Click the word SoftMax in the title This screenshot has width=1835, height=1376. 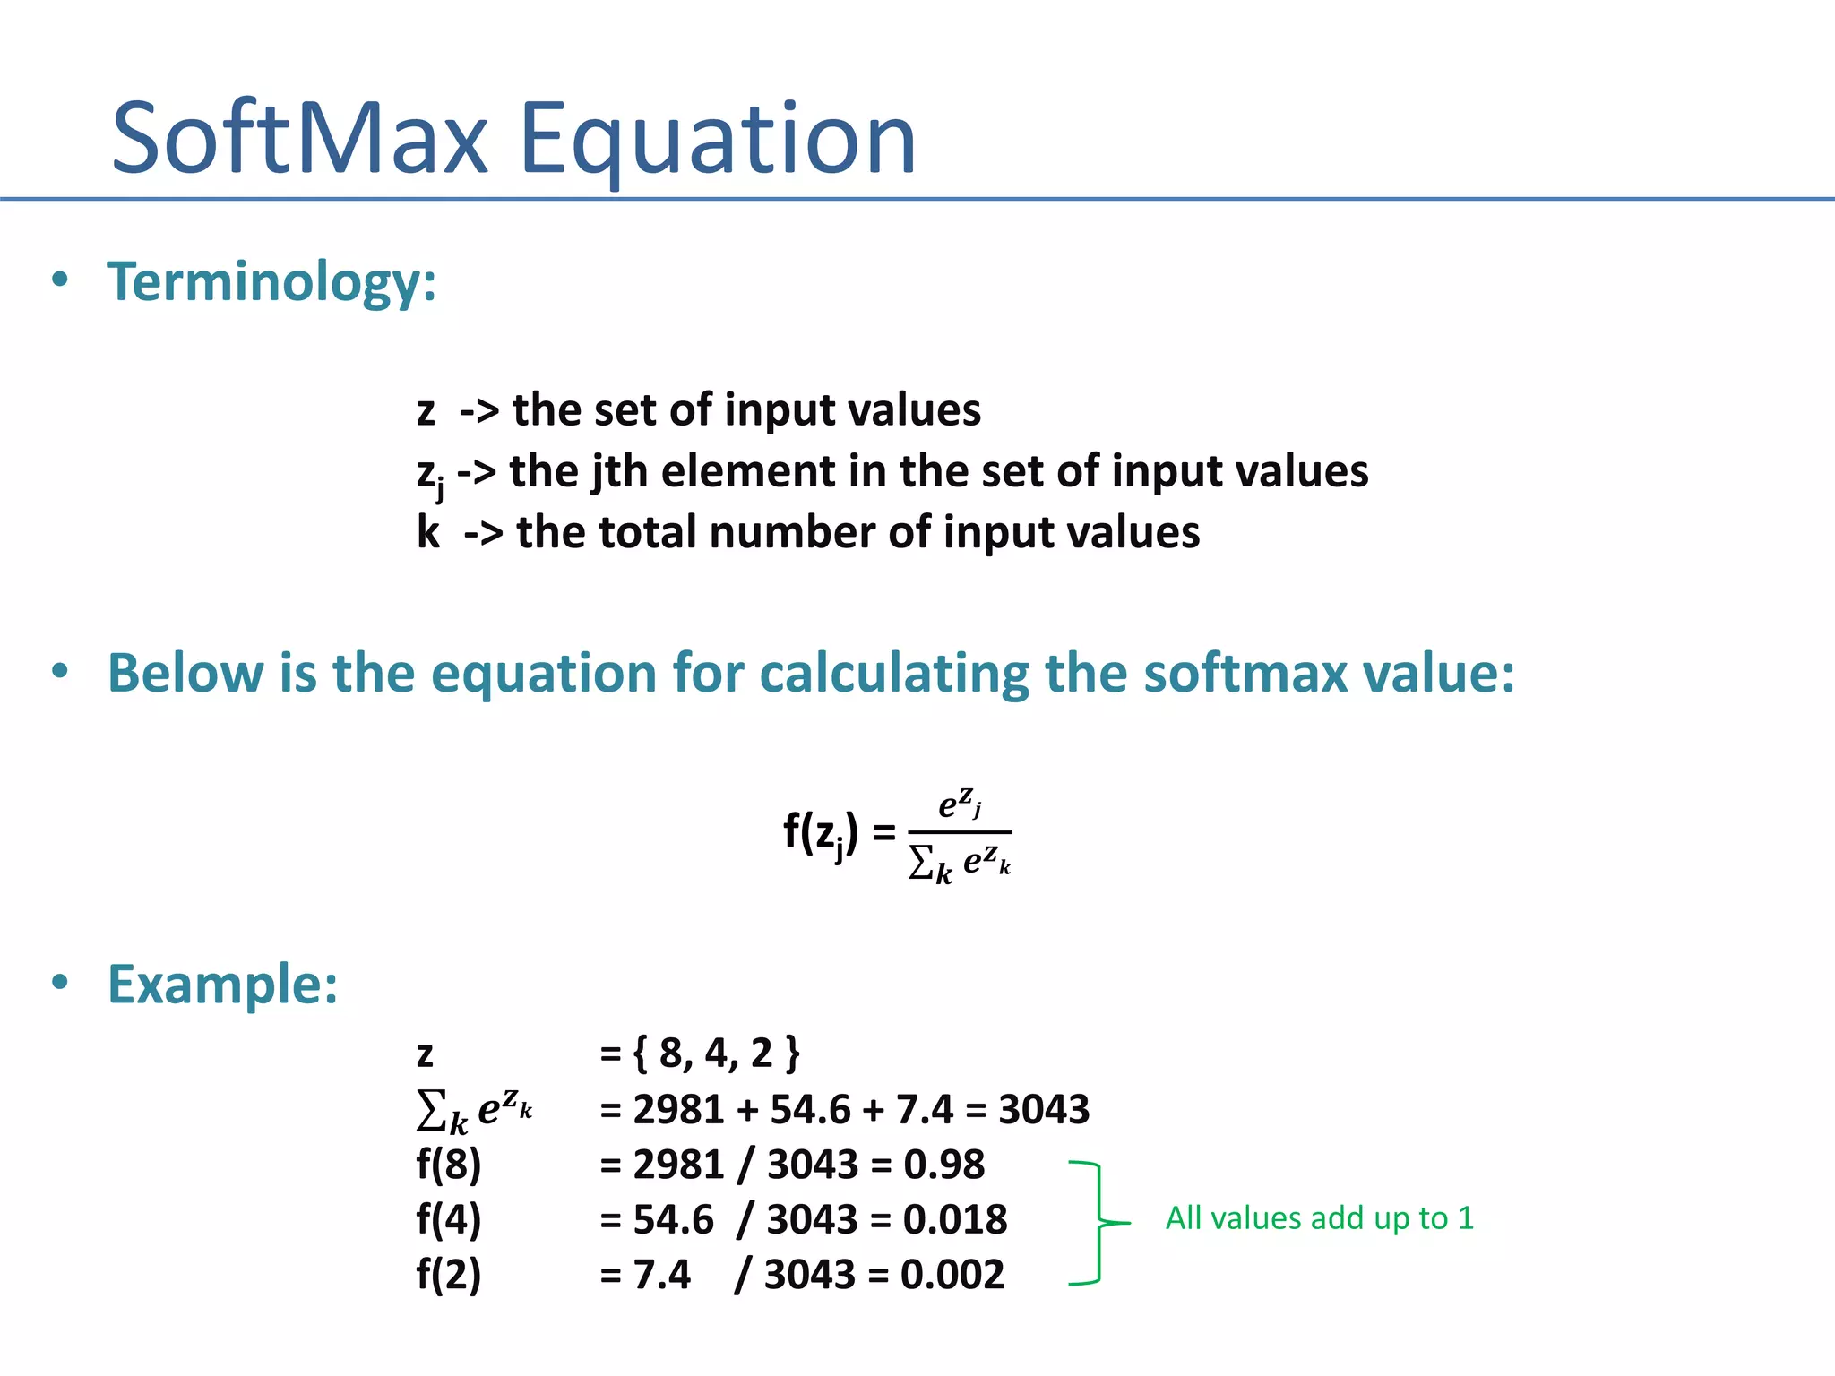(300, 139)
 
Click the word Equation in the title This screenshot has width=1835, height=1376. (718, 139)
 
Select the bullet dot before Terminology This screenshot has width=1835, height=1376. (60, 279)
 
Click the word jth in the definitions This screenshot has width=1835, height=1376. (619, 471)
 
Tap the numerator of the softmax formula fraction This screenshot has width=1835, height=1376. (960, 803)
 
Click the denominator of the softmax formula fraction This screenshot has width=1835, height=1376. (960, 863)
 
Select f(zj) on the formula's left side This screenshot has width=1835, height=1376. (821, 834)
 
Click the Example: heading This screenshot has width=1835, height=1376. (222, 985)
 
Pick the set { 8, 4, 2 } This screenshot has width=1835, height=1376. (716, 1053)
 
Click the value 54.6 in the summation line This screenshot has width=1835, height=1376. (809, 1109)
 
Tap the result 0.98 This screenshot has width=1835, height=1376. (943, 1165)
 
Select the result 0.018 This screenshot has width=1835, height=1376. (955, 1219)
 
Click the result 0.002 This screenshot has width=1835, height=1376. (952, 1275)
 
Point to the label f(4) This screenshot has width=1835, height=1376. (449, 1219)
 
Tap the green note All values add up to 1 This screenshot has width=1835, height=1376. (1319, 1218)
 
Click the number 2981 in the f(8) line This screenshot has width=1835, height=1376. (678, 1165)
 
